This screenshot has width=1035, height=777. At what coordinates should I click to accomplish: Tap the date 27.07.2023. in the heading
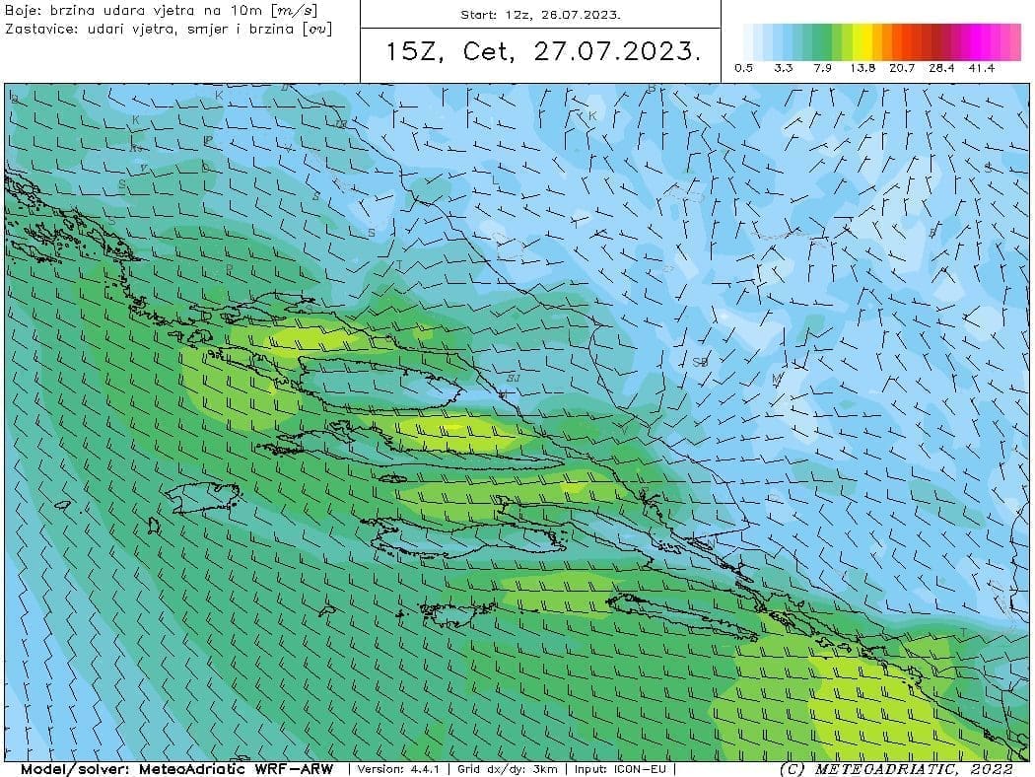click(618, 52)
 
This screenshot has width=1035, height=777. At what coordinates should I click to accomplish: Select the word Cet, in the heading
click(488, 52)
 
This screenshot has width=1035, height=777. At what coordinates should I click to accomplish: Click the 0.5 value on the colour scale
click(744, 68)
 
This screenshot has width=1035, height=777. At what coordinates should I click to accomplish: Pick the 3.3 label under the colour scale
click(784, 68)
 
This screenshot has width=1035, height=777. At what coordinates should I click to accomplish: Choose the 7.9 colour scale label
click(823, 68)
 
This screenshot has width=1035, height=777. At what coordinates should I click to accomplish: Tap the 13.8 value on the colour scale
click(862, 68)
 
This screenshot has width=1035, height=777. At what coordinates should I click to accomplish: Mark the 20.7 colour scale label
click(902, 68)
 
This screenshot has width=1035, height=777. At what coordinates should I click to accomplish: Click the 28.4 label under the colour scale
click(941, 68)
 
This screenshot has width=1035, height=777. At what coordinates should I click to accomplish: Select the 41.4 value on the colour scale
click(981, 68)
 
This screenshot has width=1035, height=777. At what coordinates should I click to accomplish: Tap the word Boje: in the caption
click(24, 10)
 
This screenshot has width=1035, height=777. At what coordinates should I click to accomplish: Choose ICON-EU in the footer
click(643, 769)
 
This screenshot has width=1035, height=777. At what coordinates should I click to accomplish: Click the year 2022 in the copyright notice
click(990, 769)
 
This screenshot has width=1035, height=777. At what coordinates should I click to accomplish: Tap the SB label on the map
click(700, 362)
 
